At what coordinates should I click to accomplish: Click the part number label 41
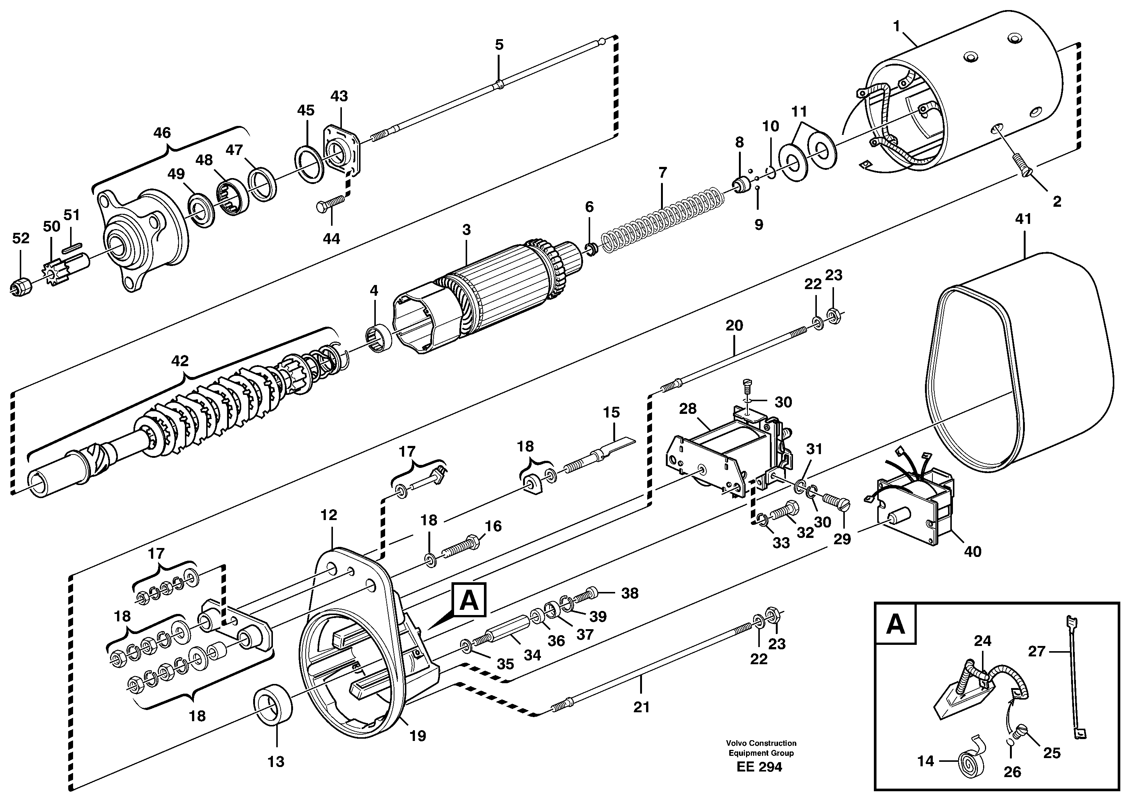1023,219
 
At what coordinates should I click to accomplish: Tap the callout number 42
180,361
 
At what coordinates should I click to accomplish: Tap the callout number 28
688,409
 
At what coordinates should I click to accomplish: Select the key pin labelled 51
72,243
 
